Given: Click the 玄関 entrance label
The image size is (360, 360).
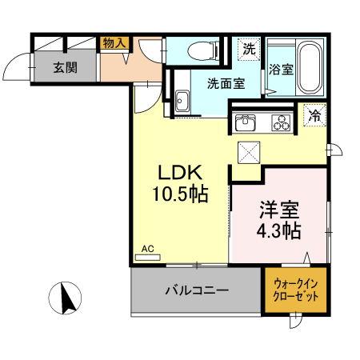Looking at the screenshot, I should pos(66,67).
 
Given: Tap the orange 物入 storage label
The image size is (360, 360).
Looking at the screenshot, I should pos(113,44).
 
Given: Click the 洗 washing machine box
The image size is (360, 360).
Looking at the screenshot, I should pos(250,49).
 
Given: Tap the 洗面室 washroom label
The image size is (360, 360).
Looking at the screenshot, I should pos(226,83).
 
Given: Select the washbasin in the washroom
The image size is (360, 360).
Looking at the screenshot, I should pos(182,102).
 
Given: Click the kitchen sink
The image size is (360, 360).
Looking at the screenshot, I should pos(245,122).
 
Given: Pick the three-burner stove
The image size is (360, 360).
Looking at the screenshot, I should pos(281,122).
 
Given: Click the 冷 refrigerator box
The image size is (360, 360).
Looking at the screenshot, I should pos(315,115).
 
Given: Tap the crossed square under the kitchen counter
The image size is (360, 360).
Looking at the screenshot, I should pos(250,150).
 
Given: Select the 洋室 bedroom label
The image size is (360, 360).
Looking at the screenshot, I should pos(278,211).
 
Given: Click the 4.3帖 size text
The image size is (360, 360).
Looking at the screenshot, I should pos(278,231).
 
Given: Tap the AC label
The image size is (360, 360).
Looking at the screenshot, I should pos(147,249).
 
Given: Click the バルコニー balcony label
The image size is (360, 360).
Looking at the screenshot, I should pos(197,290).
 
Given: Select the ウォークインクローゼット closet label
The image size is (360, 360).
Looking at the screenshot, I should pos(296,289).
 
